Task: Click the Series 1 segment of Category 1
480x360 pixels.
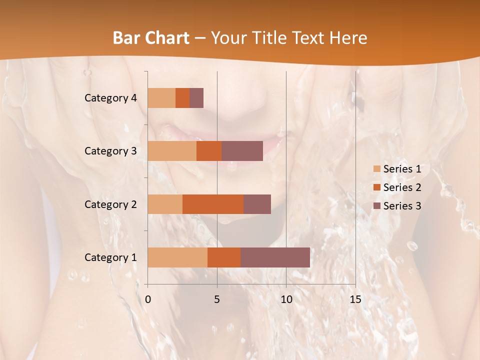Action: click(x=177, y=257)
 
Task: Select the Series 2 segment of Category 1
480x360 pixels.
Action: click(x=224, y=257)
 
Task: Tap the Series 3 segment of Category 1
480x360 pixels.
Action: click(x=275, y=257)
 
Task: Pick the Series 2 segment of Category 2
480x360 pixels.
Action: click(x=213, y=204)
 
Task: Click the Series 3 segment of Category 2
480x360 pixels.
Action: click(x=257, y=204)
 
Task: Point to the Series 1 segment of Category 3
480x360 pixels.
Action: click(x=172, y=151)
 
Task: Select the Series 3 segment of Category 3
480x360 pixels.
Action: click(x=242, y=151)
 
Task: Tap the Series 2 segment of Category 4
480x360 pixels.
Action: click(x=182, y=98)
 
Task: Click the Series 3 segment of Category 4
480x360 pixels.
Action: click(x=196, y=98)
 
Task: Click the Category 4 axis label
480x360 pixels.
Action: click(x=110, y=98)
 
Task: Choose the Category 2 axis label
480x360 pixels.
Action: click(x=110, y=204)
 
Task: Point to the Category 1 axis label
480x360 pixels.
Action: click(x=110, y=257)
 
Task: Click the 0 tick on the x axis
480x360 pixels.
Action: click(x=148, y=299)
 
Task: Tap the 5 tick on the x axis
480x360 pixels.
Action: click(x=217, y=299)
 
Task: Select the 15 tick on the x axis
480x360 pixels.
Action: click(x=355, y=299)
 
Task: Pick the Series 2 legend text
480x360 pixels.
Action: click(x=402, y=187)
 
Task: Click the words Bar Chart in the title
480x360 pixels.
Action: click(x=151, y=37)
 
